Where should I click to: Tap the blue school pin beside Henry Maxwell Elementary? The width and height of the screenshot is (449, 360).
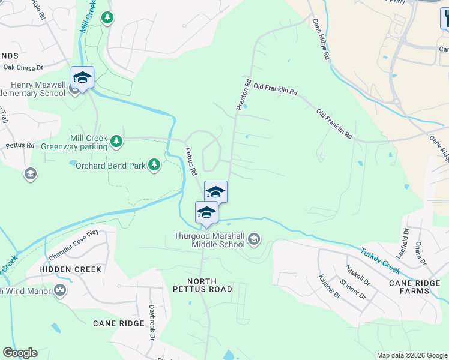pyautogui.click(x=82, y=77)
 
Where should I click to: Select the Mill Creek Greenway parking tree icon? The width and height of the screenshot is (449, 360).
pyautogui.click(x=116, y=142)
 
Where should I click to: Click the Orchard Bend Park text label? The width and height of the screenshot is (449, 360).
pyautogui.click(x=110, y=165)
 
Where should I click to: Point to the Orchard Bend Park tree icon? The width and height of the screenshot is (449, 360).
pyautogui.click(x=154, y=164)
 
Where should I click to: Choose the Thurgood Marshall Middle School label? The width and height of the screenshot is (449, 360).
pyautogui.click(x=209, y=240)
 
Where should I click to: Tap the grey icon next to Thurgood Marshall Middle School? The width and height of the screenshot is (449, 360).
pyautogui.click(x=254, y=240)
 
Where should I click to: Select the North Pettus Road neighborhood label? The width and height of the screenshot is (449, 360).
pyautogui.click(x=209, y=285)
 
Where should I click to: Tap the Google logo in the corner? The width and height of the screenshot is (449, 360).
pyautogui.click(x=20, y=353)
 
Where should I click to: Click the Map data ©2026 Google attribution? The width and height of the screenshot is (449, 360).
pyautogui.click(x=411, y=355)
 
